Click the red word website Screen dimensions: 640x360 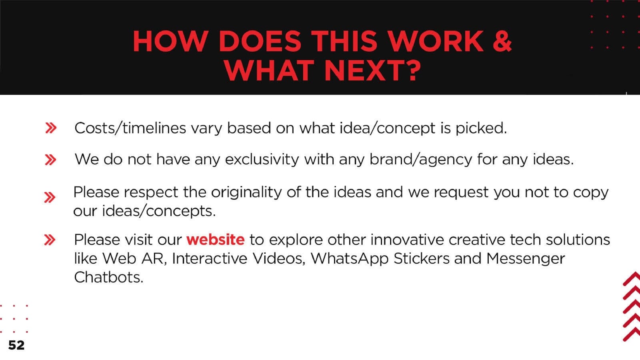[216, 240]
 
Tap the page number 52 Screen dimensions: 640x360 [16, 345]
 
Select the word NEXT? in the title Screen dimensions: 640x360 [373, 70]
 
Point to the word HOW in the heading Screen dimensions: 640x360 [170, 41]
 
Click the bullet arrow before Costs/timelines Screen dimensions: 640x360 [51, 128]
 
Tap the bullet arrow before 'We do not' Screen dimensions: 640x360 [50, 160]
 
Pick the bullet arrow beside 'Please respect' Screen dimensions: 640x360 [50, 198]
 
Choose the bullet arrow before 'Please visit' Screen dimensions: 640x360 [50, 240]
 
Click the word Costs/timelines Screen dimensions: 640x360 [130, 128]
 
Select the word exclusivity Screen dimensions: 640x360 [262, 160]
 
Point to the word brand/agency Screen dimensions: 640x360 [421, 160]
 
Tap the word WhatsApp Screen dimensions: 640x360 [350, 258]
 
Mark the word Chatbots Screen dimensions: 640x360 [108, 277]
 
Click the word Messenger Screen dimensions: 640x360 [526, 259]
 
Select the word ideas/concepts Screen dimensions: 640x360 [159, 211]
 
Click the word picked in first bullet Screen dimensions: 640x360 [481, 128]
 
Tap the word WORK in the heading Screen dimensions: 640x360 [436, 41]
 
